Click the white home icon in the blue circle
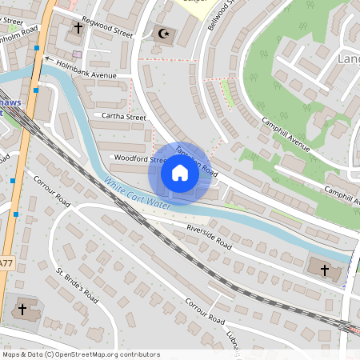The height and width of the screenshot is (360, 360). pos(180,173)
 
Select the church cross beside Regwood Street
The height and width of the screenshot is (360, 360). pos(78,28)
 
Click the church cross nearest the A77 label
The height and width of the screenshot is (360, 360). pos(22,308)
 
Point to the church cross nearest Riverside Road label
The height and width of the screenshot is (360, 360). pos(325,270)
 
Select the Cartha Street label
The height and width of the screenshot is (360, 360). pos(124,117)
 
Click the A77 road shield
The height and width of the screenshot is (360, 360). pos(6,262)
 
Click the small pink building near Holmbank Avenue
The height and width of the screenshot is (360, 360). pos(76,54)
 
